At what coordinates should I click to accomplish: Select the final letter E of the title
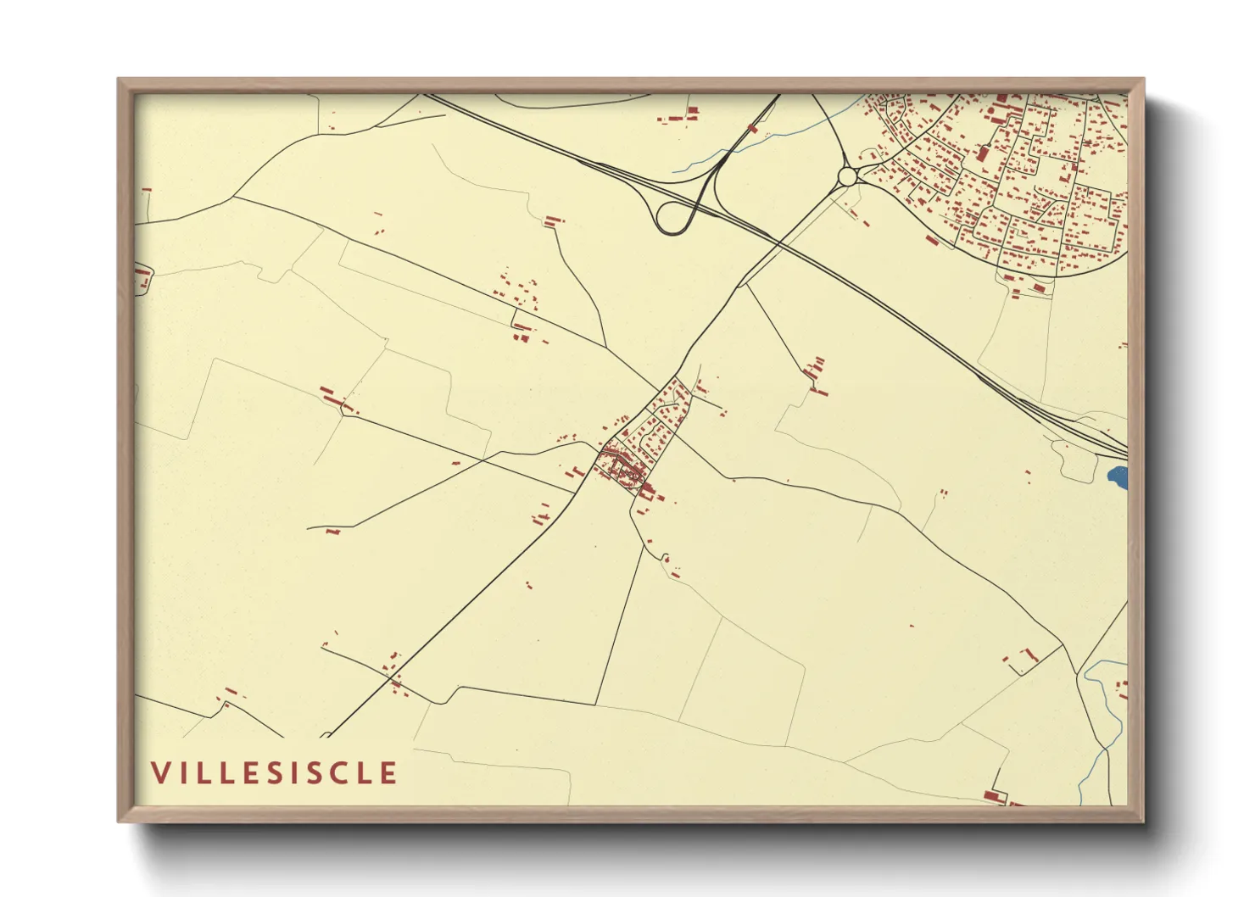(388, 773)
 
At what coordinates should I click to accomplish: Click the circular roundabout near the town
(847, 176)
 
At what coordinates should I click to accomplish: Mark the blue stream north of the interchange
(763, 136)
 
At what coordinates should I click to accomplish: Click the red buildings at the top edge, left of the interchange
(678, 115)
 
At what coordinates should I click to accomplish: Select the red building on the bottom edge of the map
(994, 797)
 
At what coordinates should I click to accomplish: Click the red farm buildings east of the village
(815, 373)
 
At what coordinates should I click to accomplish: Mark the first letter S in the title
(287, 773)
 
